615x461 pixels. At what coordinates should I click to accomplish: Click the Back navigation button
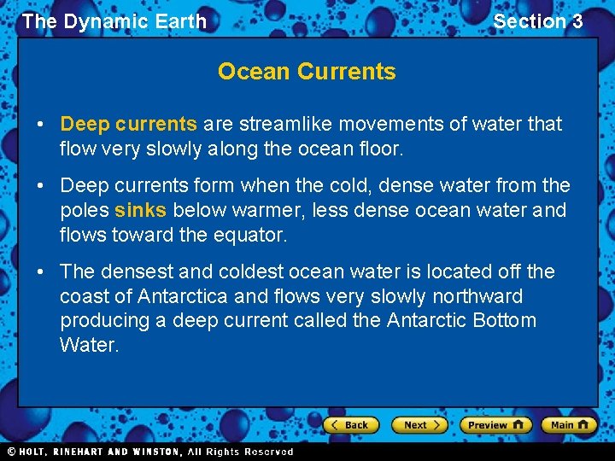click(351, 424)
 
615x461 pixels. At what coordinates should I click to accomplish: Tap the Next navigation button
click(419, 424)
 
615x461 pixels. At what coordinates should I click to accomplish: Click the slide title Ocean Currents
click(307, 72)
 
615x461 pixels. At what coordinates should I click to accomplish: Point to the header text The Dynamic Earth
click(114, 21)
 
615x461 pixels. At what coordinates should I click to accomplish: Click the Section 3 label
click(538, 21)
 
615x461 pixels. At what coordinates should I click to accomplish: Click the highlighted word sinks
click(140, 210)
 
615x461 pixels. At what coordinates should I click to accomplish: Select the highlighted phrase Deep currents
click(128, 124)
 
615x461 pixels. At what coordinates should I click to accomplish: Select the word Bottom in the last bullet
click(505, 320)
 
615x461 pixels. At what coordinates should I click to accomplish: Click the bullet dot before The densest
click(40, 271)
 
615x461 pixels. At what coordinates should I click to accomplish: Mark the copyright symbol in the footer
click(11, 452)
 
